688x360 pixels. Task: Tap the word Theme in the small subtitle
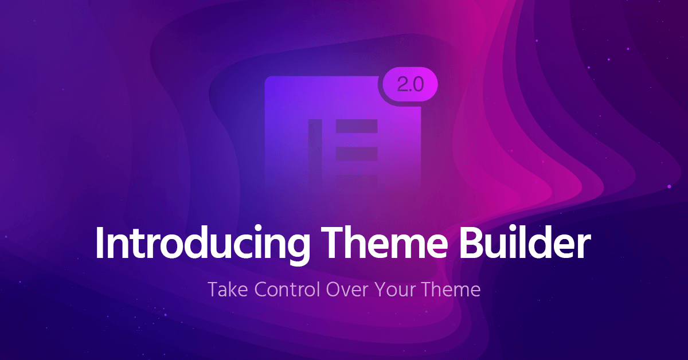451,289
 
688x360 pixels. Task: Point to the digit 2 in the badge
401,85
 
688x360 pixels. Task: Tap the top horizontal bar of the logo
357,126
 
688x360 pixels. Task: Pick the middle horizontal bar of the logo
357,152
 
